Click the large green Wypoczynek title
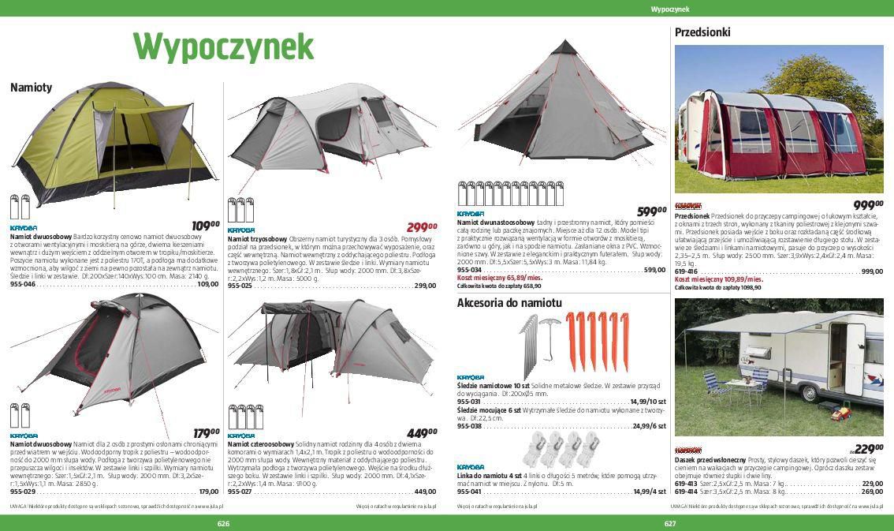(223, 47)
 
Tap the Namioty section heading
(32, 88)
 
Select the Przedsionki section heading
(702, 32)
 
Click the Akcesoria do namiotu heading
(509, 303)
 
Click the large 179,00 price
(206, 432)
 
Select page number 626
(224, 524)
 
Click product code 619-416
(686, 271)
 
